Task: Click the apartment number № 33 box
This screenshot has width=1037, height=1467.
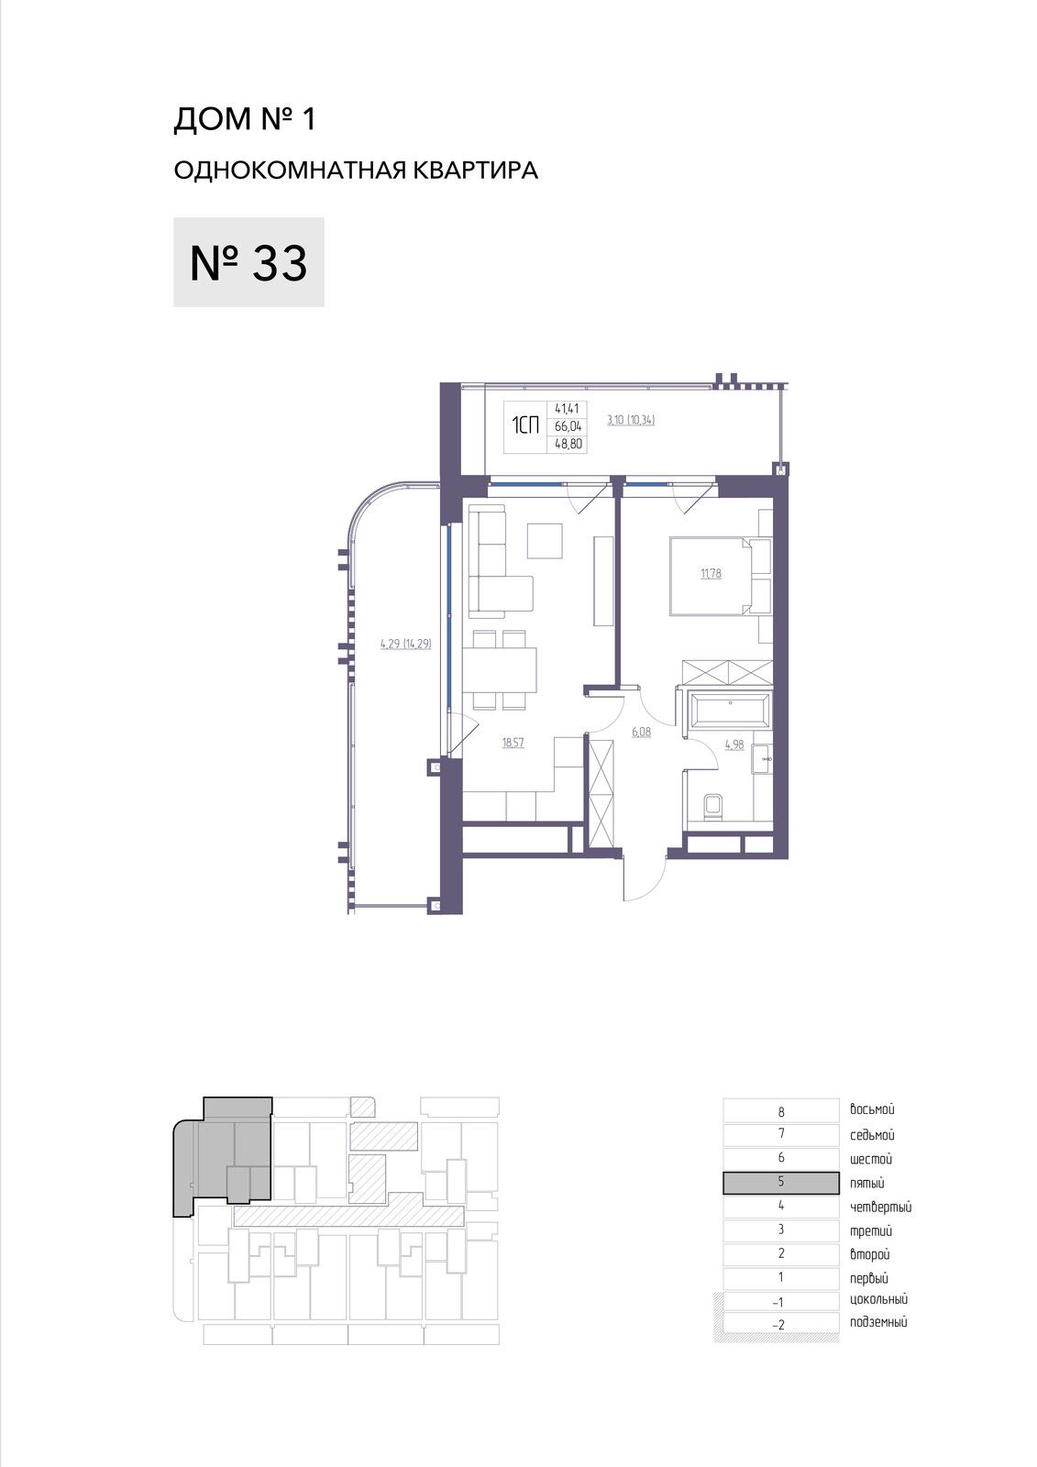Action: (x=248, y=262)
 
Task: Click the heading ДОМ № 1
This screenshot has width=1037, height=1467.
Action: (x=244, y=119)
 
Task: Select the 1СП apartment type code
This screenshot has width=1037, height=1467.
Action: (x=525, y=426)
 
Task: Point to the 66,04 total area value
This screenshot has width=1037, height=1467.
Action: (x=568, y=426)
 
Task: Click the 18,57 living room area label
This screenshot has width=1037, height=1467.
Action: (x=513, y=743)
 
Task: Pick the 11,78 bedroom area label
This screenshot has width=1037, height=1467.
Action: (x=711, y=574)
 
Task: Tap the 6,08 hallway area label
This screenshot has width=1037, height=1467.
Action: (x=641, y=733)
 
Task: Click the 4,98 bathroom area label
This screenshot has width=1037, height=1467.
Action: (x=734, y=744)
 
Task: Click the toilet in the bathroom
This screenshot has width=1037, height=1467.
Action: (x=712, y=806)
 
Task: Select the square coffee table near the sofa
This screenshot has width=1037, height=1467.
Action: (x=545, y=541)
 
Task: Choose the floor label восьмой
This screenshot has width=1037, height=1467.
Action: (x=872, y=1109)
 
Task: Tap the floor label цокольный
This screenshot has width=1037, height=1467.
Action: (x=878, y=1299)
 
